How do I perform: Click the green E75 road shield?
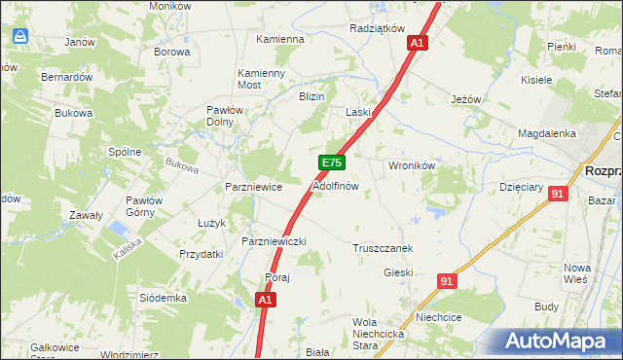[331, 163]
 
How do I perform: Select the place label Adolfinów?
[336, 185]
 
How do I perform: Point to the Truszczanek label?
[383, 248]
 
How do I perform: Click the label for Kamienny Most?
[262, 79]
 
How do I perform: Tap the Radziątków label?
[376, 28]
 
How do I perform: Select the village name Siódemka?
[163, 297]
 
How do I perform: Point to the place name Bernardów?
[66, 76]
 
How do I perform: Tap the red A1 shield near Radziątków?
[418, 43]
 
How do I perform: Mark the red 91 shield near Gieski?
[447, 281]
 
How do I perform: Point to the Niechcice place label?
[438, 316]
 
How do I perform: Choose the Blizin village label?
[311, 96]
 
